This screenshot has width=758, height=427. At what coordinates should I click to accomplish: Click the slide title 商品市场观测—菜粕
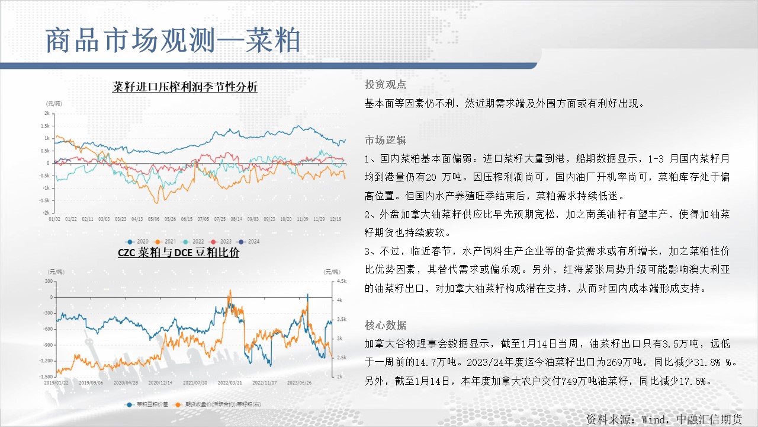tap(173, 40)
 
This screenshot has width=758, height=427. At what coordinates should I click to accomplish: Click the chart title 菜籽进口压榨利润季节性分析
tap(185, 87)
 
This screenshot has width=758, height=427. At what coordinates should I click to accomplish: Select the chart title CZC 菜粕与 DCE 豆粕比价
tap(178, 253)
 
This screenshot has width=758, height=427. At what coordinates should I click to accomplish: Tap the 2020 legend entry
tap(137, 241)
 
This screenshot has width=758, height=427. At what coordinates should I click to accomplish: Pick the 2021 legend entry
tap(165, 241)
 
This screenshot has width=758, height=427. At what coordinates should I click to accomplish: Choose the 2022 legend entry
tap(192, 241)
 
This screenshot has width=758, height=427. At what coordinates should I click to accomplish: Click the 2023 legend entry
tap(220, 241)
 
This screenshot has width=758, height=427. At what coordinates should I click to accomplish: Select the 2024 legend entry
tap(248, 241)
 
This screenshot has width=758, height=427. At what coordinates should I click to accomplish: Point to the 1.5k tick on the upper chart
tap(45, 126)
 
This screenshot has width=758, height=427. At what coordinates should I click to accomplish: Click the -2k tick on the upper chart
tap(46, 212)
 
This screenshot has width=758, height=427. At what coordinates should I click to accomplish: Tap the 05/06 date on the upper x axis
tap(153, 219)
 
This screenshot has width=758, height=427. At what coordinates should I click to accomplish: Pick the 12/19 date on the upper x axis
tap(335, 219)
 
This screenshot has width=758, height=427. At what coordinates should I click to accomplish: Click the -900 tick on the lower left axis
tap(48, 345)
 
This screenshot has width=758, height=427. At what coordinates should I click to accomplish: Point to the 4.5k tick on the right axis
tap(342, 281)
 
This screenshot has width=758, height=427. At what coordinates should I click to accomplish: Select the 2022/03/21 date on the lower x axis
tap(230, 383)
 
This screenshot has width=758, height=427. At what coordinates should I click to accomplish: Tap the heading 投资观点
tap(386, 84)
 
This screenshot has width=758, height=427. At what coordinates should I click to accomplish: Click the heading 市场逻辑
tap(386, 140)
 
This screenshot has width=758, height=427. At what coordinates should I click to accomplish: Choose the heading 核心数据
tap(386, 326)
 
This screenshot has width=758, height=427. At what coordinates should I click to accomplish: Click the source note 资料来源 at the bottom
tap(664, 419)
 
